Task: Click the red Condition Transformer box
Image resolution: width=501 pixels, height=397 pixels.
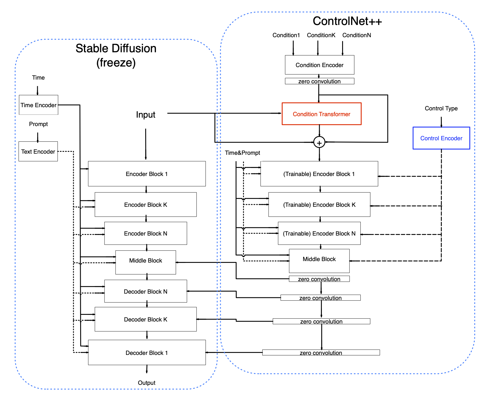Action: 322,114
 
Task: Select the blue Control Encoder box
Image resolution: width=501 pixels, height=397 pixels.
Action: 441,138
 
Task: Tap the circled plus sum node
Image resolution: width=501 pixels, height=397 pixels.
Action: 319,142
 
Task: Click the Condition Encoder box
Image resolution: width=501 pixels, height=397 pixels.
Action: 319,65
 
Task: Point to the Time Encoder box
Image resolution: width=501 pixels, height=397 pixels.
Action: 38,105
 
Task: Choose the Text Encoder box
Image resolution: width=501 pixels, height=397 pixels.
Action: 38,151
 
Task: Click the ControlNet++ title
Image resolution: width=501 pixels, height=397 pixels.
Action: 347,21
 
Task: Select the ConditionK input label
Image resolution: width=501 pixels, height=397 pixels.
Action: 321,35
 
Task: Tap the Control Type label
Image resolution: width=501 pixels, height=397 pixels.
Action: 441,108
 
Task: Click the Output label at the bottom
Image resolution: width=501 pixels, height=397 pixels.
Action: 146,383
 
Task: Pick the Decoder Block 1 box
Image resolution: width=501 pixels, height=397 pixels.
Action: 147,353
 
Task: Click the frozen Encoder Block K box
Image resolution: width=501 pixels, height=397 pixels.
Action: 146,204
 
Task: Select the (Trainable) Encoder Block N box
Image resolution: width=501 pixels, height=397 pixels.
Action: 319,233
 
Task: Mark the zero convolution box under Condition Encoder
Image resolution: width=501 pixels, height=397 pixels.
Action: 319,81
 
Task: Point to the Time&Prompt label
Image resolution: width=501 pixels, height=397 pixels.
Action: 242,153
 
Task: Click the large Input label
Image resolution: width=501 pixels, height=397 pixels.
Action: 146,115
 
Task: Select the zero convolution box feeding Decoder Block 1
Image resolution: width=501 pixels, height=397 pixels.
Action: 321,353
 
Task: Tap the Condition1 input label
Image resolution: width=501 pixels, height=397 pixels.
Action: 286,35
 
